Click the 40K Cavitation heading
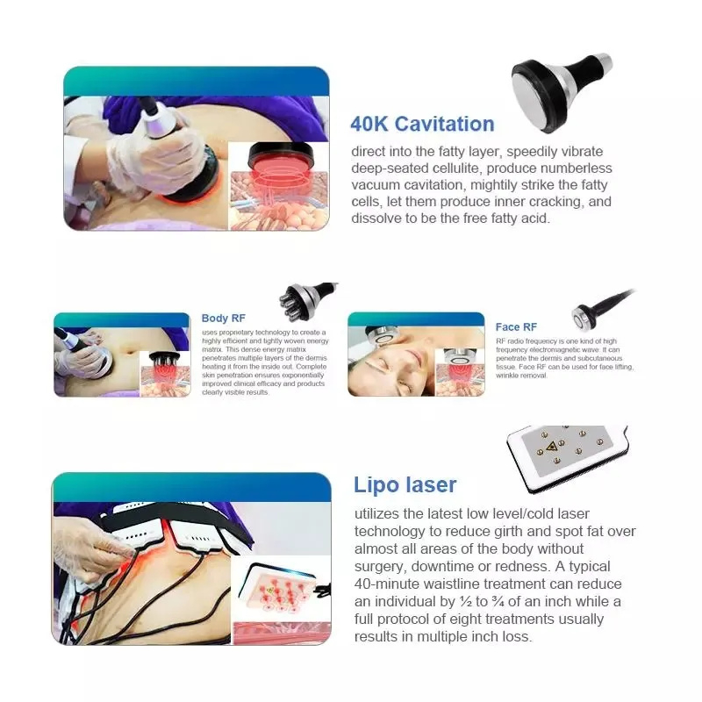click(422, 124)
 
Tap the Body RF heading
click(224, 318)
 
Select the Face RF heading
click(516, 326)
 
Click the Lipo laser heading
click(405, 485)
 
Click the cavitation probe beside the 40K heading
click(560, 91)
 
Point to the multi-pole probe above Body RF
click(307, 301)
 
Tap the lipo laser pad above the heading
click(568, 457)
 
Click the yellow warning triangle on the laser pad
click(551, 446)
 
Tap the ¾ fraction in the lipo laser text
click(498, 601)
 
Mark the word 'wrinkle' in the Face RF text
click(506, 376)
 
